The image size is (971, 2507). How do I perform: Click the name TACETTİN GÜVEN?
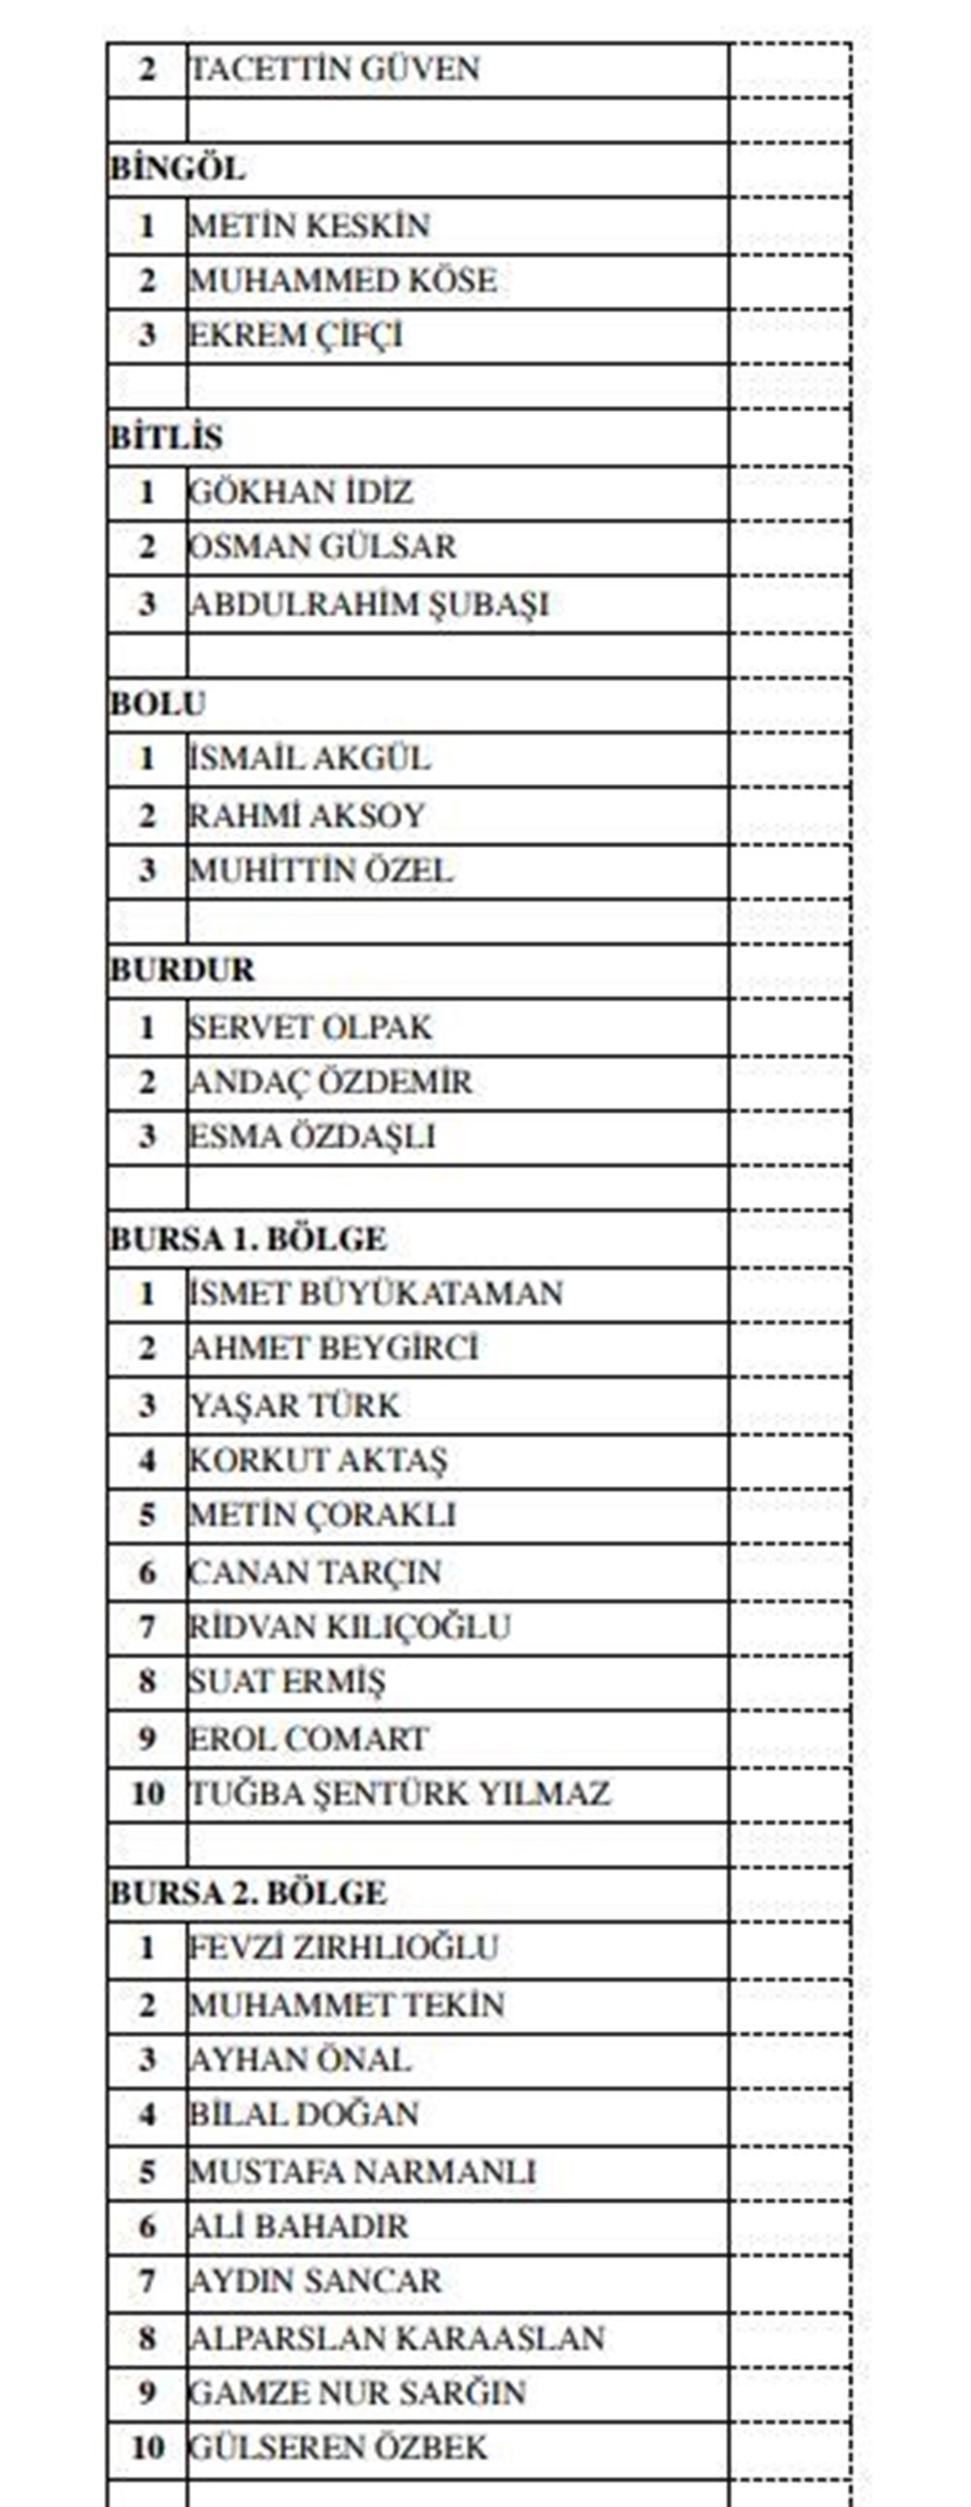334,70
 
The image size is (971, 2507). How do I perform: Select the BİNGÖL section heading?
177,168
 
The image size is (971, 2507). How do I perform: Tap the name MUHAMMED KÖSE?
343,282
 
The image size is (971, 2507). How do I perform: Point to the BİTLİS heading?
165,437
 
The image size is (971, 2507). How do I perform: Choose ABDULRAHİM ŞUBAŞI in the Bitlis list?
369,604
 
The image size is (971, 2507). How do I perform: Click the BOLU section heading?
157,702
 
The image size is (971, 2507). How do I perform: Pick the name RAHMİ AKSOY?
307,816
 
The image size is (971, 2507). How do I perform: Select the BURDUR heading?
182,970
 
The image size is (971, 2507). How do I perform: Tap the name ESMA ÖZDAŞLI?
312,1136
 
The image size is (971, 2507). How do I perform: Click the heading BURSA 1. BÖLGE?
249,1238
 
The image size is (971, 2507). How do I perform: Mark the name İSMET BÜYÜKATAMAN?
376,1294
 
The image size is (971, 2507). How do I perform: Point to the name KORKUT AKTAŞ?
318,1460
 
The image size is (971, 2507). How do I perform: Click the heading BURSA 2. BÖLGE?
249,1893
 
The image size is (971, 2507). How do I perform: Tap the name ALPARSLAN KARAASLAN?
397,2339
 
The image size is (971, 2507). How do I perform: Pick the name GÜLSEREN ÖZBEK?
338,2448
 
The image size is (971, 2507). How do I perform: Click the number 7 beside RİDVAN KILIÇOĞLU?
147,1626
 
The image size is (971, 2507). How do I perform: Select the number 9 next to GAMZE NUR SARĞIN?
147,2393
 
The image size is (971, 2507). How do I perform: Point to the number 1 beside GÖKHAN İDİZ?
147,492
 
